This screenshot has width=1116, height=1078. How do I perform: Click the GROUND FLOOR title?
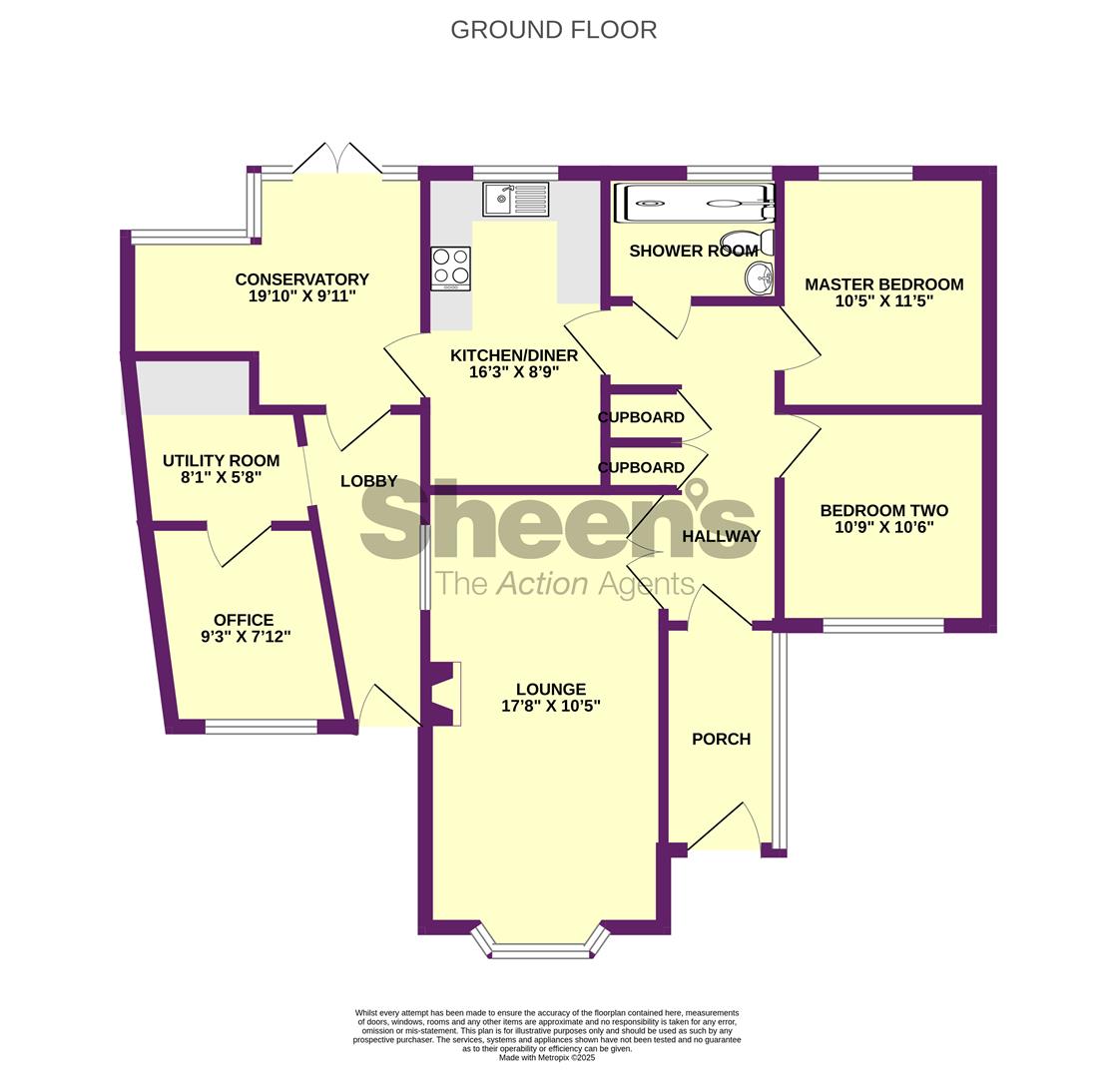553,30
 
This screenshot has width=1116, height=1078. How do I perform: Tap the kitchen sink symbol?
516,199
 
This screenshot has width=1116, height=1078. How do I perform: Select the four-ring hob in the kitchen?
450,269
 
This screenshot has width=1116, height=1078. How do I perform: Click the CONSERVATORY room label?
301,279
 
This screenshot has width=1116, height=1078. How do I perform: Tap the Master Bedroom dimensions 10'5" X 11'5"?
884,301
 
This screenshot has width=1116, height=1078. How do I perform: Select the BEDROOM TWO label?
884,510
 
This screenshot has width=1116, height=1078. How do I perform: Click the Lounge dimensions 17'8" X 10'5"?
551,706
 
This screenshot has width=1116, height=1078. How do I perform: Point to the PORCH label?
721,740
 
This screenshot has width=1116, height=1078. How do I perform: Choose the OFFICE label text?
244,621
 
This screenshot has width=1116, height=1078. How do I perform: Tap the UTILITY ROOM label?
221,461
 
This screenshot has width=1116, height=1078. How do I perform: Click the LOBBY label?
368,482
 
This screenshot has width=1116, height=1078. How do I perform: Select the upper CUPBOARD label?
641,417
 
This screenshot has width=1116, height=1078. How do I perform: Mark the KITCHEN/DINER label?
514,355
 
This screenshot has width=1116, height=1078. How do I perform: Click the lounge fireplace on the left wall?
442,694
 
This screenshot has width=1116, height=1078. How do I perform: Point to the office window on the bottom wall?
262,727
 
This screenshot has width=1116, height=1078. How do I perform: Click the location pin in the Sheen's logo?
696,492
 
